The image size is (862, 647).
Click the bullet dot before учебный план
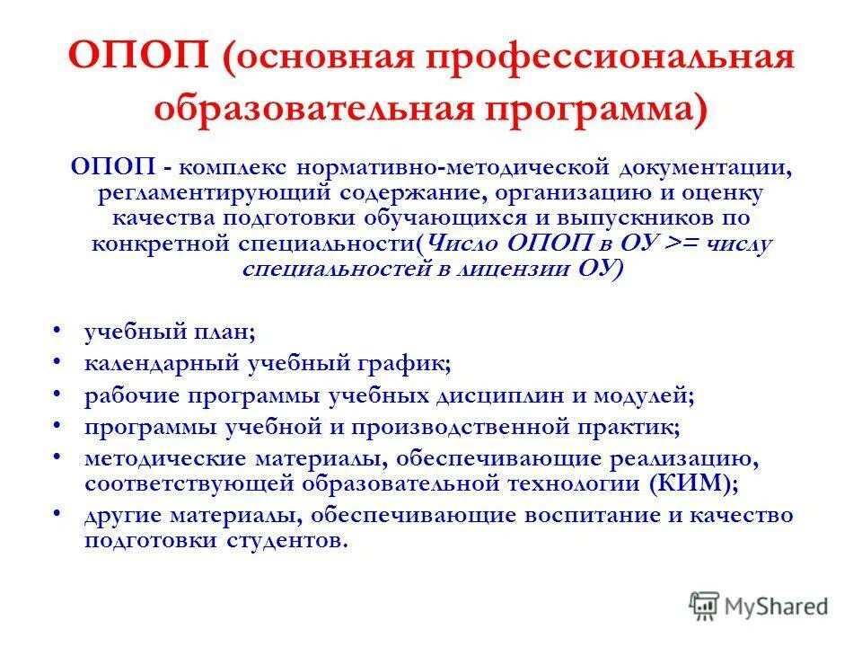click(58, 331)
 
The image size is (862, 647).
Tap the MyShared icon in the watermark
click(705, 604)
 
